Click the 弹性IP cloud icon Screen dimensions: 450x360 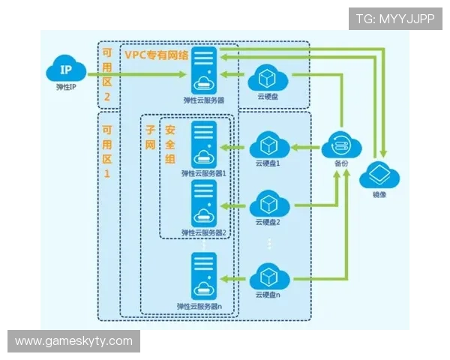(66, 68)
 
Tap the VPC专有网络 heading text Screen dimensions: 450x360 (157, 55)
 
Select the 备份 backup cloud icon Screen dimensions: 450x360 (341, 145)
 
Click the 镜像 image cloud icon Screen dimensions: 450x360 (379, 175)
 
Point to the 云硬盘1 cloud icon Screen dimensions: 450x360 (269, 145)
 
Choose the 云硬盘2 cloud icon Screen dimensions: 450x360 (269, 203)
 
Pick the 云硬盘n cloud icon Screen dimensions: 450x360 (269, 277)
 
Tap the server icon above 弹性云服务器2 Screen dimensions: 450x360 (204, 204)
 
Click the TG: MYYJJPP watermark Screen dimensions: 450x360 (395, 19)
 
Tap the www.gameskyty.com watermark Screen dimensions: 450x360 (73, 341)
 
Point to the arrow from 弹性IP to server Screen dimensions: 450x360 (137, 75)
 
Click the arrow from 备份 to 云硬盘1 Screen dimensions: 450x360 (305, 148)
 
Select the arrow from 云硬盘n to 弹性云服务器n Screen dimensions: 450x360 (232, 279)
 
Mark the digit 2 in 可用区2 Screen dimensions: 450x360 (106, 97)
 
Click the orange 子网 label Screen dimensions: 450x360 (151, 137)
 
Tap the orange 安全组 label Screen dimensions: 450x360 (170, 145)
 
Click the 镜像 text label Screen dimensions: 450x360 (379, 195)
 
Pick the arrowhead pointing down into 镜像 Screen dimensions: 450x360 (384, 153)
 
